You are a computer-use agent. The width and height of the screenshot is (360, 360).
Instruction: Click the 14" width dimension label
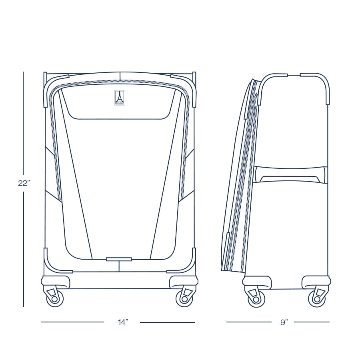122,322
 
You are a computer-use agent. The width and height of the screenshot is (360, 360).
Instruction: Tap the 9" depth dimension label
284,322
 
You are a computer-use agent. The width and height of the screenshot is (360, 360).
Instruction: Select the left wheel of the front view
55,298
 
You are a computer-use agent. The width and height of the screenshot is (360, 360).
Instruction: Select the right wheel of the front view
184,298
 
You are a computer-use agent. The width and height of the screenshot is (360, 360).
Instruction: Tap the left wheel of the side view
256,298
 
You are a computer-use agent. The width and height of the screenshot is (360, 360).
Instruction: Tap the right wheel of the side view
316,298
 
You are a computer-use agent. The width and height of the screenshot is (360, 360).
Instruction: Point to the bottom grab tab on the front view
119,259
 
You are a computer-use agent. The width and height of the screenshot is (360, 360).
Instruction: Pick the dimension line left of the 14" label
72,322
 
